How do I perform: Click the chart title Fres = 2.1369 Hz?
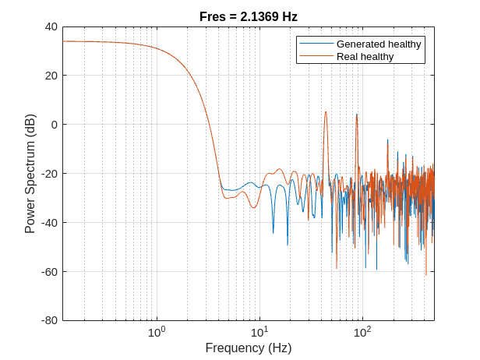pyautogui.click(x=248, y=16)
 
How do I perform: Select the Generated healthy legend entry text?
pyautogui.click(x=379, y=44)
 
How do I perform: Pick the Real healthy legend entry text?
pyautogui.click(x=365, y=57)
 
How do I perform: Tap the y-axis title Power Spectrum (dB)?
pyautogui.click(x=30, y=174)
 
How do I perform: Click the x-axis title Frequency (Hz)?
pyautogui.click(x=248, y=348)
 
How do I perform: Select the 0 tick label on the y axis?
pyautogui.click(x=54, y=125)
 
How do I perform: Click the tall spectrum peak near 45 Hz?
pyautogui.click(x=326, y=112)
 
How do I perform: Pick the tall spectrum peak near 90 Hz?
pyautogui.click(x=357, y=115)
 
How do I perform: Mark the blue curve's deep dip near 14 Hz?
pyautogui.click(x=273, y=231)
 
